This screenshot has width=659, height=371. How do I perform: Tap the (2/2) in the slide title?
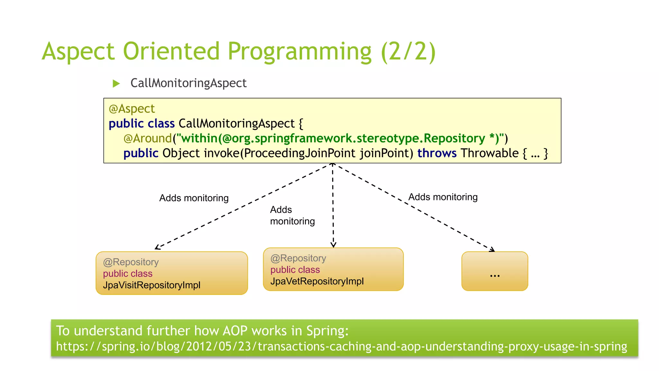point(408,51)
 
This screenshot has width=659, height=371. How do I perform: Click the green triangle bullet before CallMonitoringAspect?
point(116,84)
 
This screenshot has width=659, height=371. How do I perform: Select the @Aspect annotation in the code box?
point(132,109)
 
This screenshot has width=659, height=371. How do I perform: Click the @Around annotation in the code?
point(148,138)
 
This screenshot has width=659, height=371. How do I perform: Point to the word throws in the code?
point(437,153)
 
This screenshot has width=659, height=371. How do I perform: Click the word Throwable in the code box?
point(489,153)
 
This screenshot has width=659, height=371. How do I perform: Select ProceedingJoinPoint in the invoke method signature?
point(299,153)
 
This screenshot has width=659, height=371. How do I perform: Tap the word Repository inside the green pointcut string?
point(454,138)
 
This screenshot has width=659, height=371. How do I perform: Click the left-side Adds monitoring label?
point(194,198)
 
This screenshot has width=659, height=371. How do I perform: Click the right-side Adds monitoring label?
point(443,197)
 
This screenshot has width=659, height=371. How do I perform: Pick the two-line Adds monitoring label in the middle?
point(292,215)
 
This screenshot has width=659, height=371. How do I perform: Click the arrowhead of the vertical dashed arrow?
point(333,245)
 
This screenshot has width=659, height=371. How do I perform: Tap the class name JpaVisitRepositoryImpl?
point(152,285)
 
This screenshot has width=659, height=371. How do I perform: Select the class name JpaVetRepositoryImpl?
point(317,281)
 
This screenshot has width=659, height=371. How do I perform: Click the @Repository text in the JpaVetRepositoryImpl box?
point(298,258)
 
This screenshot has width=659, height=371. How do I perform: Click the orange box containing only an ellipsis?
point(495,271)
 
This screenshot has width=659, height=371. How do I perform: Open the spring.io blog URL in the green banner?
point(341,347)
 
